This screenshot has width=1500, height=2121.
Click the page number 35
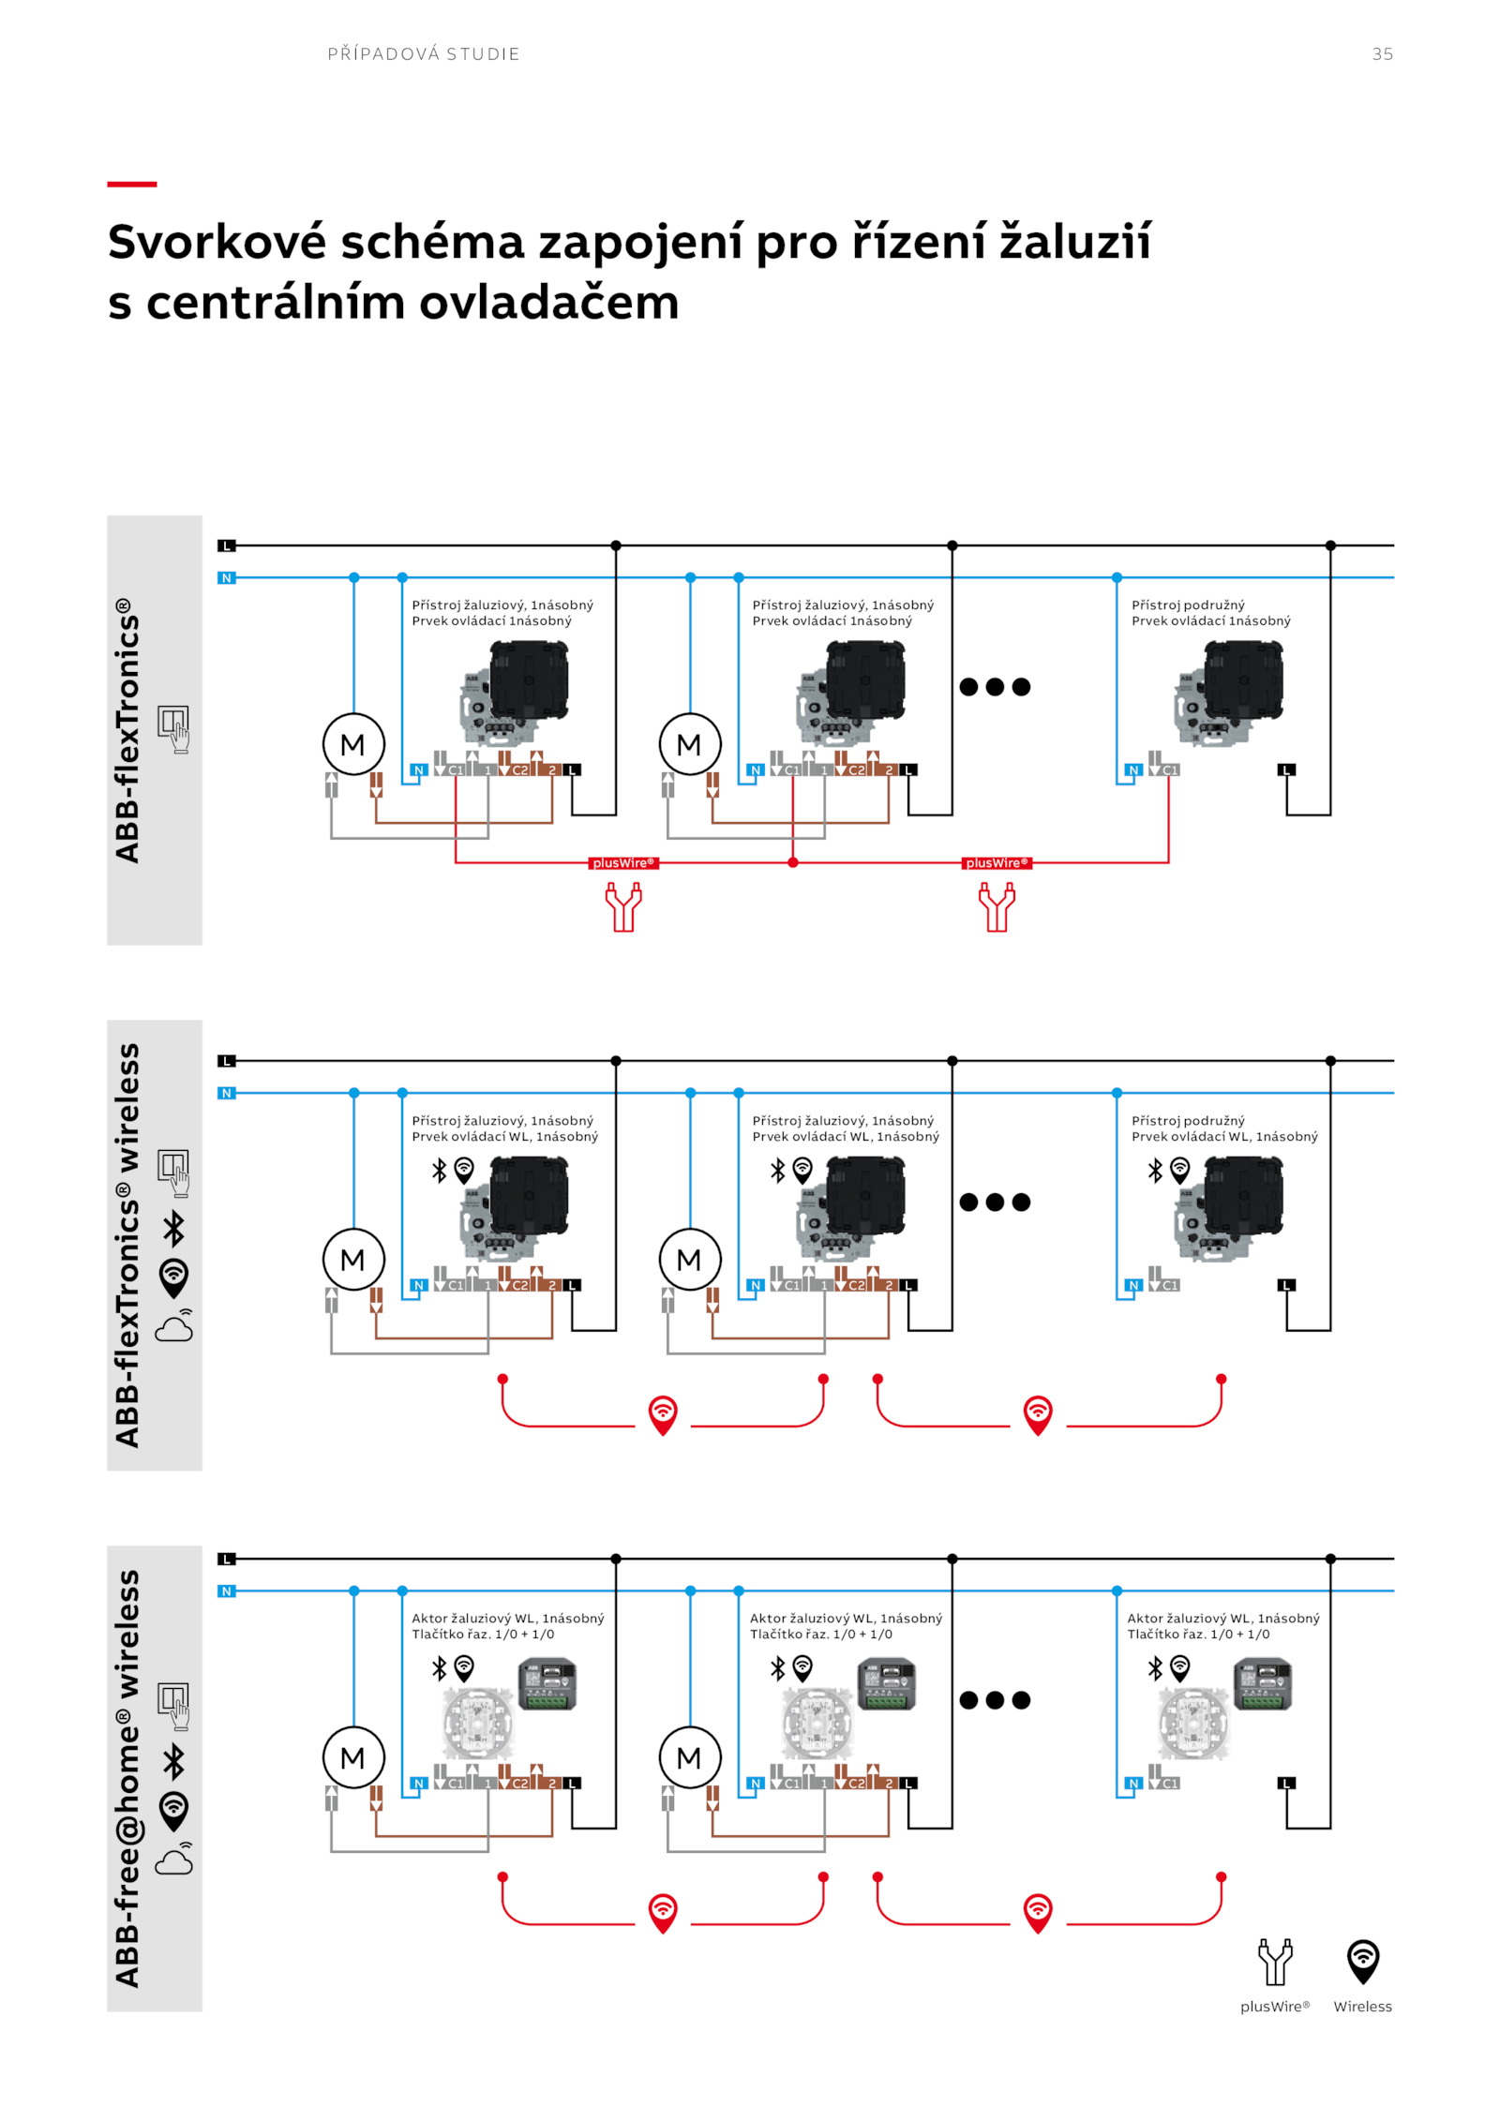pyautogui.click(x=1382, y=54)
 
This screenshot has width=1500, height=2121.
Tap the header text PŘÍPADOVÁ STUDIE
pyautogui.click(x=424, y=54)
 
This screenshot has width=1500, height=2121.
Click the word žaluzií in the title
pyautogui.click(x=1074, y=242)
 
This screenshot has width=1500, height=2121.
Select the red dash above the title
pyautogui.click(x=131, y=184)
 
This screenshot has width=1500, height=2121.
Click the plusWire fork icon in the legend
pyautogui.click(x=1274, y=1962)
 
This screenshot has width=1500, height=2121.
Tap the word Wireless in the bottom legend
pyautogui.click(x=1362, y=2007)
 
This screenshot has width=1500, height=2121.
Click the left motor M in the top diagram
pyautogui.click(x=353, y=744)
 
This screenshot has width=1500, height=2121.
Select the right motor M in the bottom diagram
pyautogui.click(x=689, y=1757)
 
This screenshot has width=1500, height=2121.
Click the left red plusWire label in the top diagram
pyautogui.click(x=623, y=862)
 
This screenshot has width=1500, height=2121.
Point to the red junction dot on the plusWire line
pyautogui.click(x=793, y=862)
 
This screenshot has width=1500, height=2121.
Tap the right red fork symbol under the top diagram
pyautogui.click(x=997, y=907)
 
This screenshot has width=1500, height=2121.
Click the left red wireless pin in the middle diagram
pyautogui.click(x=663, y=1413)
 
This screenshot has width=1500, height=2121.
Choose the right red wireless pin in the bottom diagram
pyautogui.click(x=1038, y=1912)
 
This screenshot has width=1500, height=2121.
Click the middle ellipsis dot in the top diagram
pyautogui.click(x=995, y=687)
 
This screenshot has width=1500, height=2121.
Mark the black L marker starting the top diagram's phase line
pyautogui.click(x=226, y=545)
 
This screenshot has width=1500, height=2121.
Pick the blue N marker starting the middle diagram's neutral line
pyautogui.click(x=226, y=1093)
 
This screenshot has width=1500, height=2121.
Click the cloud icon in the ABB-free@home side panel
pyautogui.click(x=173, y=1860)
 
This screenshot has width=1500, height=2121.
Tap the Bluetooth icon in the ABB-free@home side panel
pyautogui.click(x=174, y=1762)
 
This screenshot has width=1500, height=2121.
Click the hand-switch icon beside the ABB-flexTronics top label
pyautogui.click(x=173, y=728)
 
